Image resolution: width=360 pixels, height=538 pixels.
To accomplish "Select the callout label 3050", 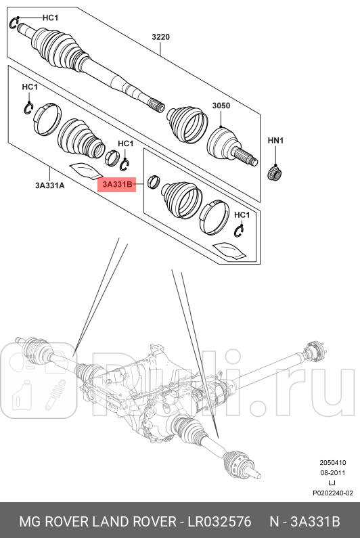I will [x=221, y=106].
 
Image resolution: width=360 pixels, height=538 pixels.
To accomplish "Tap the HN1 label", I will [x=275, y=141].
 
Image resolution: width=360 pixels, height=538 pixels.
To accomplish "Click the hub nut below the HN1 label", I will [x=275, y=173].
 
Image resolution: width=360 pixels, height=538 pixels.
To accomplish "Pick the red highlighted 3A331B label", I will [x=118, y=184].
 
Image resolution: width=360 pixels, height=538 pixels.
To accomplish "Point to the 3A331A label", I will [x=50, y=184].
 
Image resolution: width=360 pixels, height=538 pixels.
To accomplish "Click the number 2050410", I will [x=332, y=464].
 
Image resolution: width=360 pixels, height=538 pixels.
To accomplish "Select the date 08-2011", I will [x=332, y=473].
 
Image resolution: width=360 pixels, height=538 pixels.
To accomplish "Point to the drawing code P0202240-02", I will [x=332, y=493].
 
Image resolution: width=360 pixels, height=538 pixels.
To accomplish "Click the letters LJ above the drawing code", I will [x=332, y=483].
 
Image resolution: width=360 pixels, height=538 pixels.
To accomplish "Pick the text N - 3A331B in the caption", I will [x=305, y=522].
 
